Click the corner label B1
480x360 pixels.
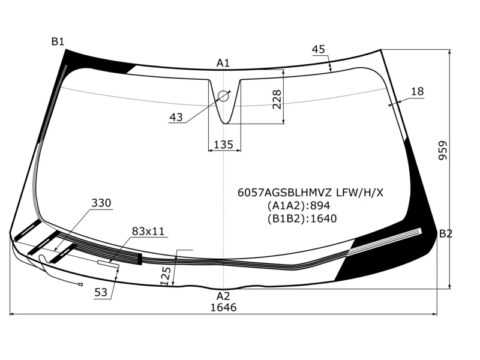tap(58, 41)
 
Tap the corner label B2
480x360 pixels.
tap(445, 233)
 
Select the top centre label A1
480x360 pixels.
tap(223, 63)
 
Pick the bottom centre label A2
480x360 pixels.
tap(223, 296)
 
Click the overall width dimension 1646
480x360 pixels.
tap(223, 307)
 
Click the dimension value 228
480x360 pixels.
tap(277, 100)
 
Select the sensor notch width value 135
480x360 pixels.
tap(223, 145)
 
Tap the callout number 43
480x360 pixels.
tap(176, 118)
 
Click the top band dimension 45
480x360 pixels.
tap(319, 49)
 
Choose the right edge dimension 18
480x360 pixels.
tap(417, 91)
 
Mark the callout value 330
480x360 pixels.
tap(101, 203)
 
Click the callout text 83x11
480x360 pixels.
tap(148, 231)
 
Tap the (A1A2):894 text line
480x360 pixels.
tap(299, 206)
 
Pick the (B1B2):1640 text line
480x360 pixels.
tap(302, 218)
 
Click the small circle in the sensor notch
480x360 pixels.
tap(223, 95)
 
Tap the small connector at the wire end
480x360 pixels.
tap(80, 284)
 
